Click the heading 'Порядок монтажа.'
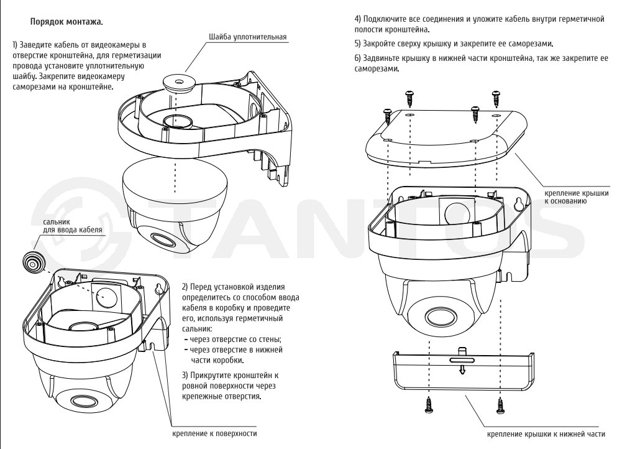66,22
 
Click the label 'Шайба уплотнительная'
248,37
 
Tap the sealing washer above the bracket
178,81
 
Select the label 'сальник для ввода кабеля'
73,226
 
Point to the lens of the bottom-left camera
85,400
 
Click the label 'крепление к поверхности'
214,433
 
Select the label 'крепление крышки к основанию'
576,197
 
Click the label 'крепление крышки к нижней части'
546,434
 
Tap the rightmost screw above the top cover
496,99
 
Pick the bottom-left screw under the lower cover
429,405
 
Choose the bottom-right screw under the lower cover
501,405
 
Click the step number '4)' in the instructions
358,19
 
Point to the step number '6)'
358,58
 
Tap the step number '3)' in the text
186,375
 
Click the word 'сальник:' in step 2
197,328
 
